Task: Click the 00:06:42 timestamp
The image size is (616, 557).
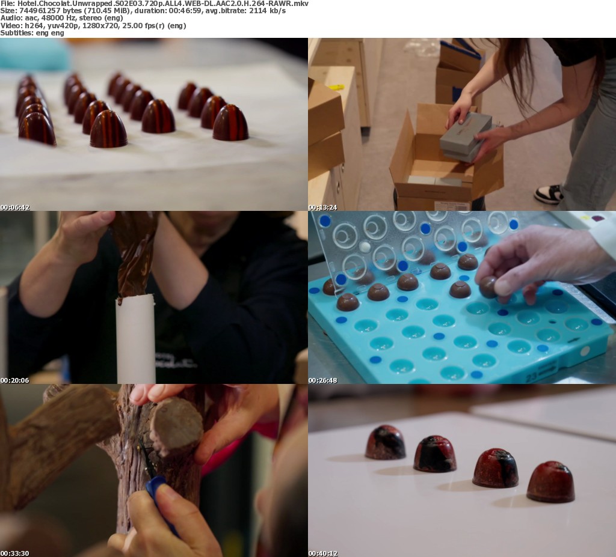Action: click(15, 207)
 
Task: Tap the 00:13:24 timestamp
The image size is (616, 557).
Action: click(323, 207)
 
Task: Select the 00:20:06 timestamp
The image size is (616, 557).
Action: click(15, 380)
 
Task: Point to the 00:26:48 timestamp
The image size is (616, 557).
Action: click(323, 380)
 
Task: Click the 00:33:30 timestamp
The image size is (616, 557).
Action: click(15, 553)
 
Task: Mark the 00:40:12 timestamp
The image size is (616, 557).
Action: click(323, 553)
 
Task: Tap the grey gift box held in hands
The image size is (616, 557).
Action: click(466, 136)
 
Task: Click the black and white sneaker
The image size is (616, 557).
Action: click(549, 195)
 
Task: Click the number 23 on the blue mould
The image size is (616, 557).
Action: click(532, 377)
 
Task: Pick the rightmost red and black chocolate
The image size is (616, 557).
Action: click(551, 482)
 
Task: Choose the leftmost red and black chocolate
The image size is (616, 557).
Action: click(385, 442)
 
